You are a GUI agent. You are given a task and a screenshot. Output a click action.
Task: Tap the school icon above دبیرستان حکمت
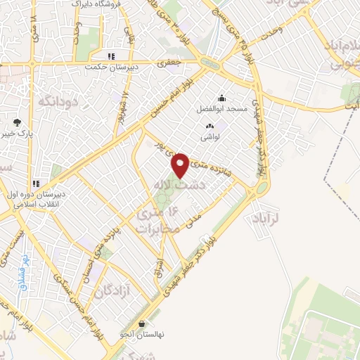click(x=111, y=57)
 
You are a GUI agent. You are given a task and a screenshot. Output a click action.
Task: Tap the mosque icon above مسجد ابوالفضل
click(x=222, y=98)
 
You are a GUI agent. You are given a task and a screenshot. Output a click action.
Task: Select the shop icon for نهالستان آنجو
click(x=143, y=324)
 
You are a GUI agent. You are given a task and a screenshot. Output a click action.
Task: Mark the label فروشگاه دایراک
click(x=96, y=4)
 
